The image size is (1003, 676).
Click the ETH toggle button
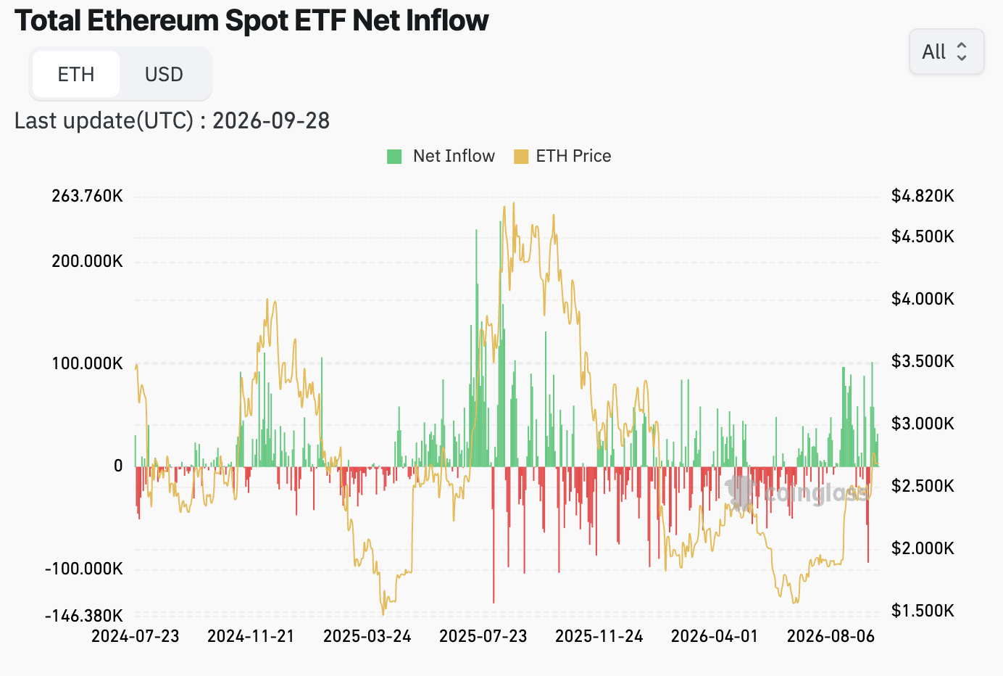tap(75, 74)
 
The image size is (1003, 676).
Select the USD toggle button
tap(164, 74)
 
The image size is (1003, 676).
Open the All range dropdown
tap(946, 51)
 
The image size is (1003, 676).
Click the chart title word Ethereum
tap(152, 20)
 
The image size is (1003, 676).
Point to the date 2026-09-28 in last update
tap(271, 120)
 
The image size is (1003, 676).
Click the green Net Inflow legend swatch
tap(394, 157)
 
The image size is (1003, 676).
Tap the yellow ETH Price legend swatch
tap(521, 157)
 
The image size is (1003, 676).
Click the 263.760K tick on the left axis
tap(87, 196)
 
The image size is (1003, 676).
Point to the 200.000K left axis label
tap(87, 261)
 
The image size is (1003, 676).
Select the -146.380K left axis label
tap(84, 616)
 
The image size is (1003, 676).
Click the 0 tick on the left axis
tap(118, 466)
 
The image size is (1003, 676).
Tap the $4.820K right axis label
tap(923, 196)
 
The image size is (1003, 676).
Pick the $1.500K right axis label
tap(923, 611)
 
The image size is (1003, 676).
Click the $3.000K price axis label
tap(923, 423)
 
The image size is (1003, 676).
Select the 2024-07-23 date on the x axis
tap(136, 636)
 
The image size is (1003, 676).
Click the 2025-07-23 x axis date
tap(483, 636)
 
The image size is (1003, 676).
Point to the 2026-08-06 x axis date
tap(831, 636)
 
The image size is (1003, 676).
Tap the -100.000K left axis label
tap(84, 569)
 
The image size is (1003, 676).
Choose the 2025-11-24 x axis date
tap(599, 636)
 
